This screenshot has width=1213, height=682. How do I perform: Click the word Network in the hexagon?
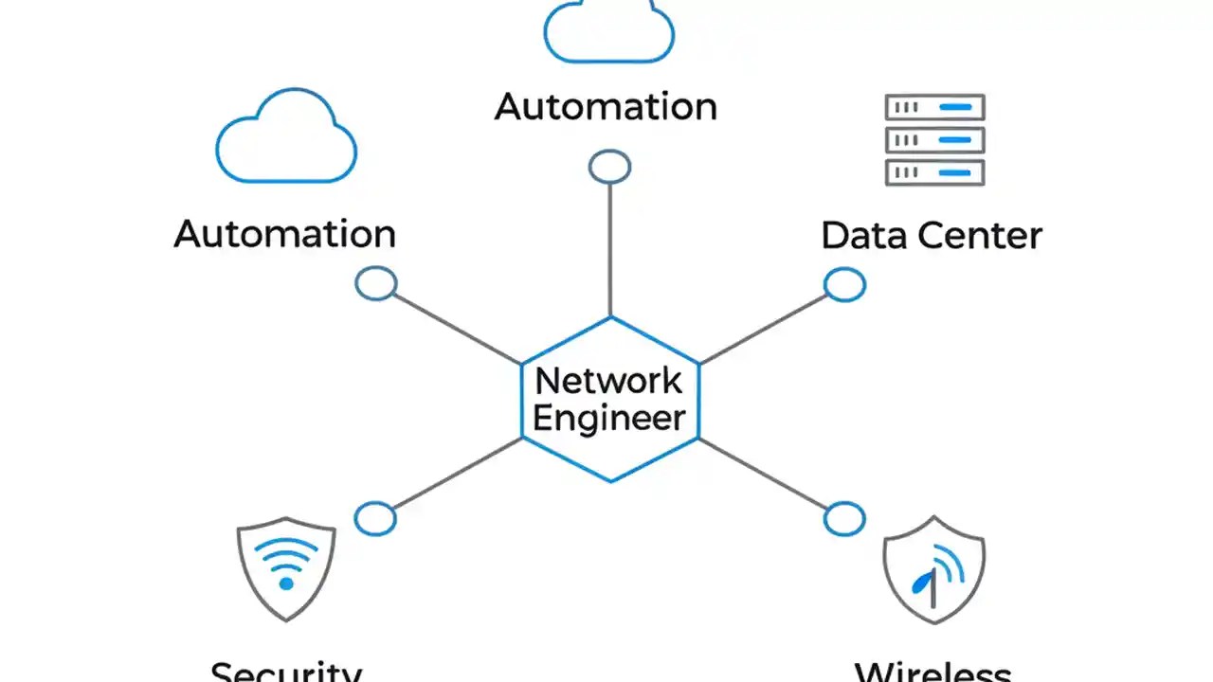(x=608, y=381)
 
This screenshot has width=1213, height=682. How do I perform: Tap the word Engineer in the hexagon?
(x=608, y=418)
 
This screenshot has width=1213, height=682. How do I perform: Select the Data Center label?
(x=931, y=235)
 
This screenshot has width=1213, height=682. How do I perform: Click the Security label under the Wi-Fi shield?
(x=285, y=671)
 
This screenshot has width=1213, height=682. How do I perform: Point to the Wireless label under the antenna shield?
(x=932, y=672)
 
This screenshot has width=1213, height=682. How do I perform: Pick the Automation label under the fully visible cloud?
(x=284, y=234)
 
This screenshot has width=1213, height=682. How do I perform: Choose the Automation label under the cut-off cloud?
(x=606, y=106)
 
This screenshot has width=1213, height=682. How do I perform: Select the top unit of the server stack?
(x=934, y=107)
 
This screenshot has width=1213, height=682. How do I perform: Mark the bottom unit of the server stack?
(x=934, y=172)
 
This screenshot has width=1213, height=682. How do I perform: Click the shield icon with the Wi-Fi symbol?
(x=285, y=566)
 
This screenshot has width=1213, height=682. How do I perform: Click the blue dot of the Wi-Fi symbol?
(x=285, y=583)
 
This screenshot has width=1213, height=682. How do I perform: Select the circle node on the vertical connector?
(x=609, y=167)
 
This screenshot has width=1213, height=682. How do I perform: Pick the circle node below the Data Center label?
(x=843, y=284)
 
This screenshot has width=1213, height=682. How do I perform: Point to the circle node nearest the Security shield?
(x=375, y=518)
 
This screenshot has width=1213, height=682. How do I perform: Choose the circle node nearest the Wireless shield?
(x=843, y=519)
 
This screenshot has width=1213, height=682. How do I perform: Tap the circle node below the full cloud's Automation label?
(x=375, y=283)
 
